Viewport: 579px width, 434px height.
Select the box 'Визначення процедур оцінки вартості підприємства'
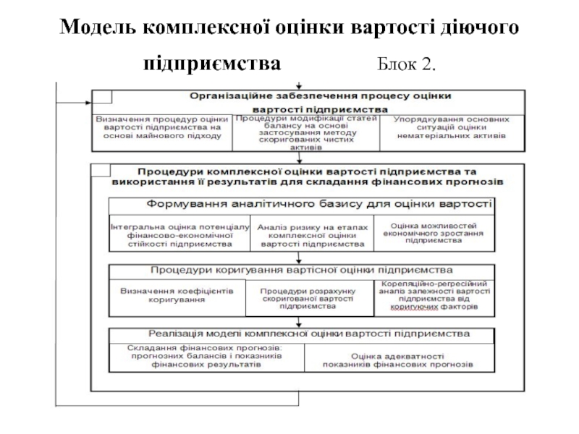tap(161, 127)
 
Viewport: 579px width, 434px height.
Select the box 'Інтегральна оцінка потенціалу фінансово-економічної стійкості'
tap(181, 234)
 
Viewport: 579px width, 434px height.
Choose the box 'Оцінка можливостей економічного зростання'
tap(434, 233)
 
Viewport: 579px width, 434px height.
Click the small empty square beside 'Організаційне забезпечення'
tap(101, 96)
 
